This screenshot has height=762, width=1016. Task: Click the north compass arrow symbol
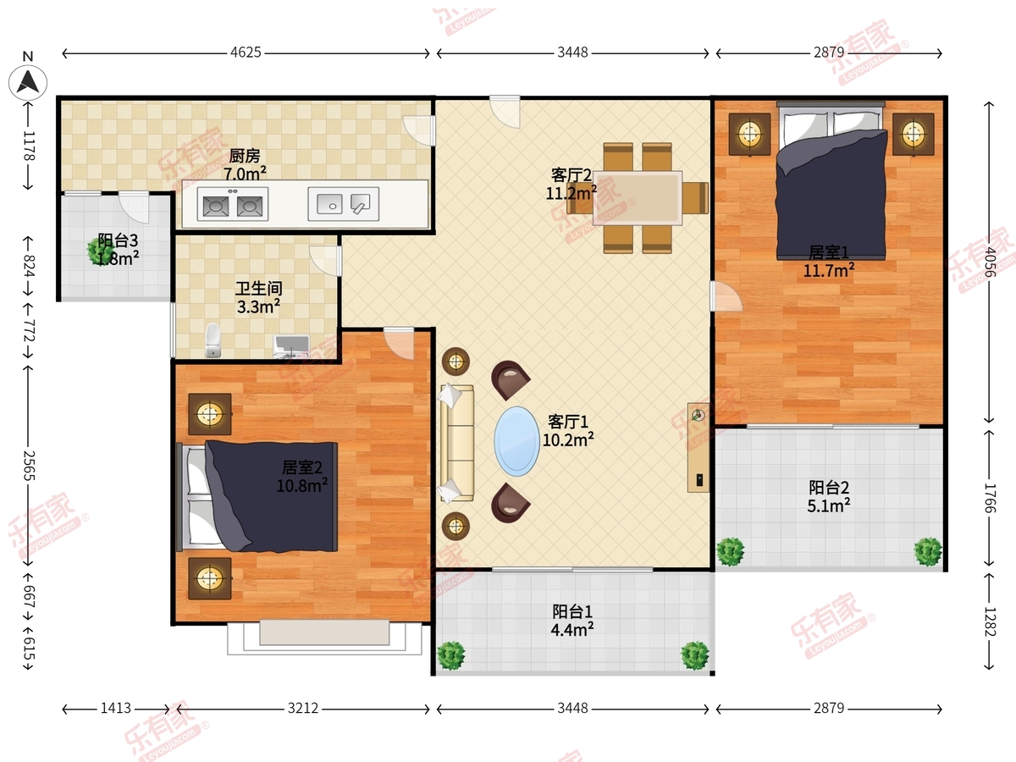[x=28, y=83]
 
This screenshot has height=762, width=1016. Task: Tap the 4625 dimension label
[x=246, y=52]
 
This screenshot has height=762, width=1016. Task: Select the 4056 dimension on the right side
[x=989, y=262]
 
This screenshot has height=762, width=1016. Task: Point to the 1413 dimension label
[x=116, y=709]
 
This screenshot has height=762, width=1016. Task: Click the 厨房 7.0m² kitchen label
[x=245, y=165]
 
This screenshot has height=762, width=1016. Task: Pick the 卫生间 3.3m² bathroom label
[x=258, y=297]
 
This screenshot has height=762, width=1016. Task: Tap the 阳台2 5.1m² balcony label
[x=829, y=496]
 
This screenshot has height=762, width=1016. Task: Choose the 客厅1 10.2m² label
[x=568, y=431]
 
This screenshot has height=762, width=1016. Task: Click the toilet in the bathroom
[x=213, y=340]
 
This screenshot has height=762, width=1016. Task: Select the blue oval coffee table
[x=516, y=441]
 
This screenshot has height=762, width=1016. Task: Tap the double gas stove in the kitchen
[x=232, y=204]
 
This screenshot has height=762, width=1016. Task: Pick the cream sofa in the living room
[x=457, y=443]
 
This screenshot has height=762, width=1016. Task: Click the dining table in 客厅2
[x=638, y=198]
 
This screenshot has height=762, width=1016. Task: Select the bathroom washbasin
[x=291, y=345]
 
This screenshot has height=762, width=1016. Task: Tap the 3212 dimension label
[x=303, y=709]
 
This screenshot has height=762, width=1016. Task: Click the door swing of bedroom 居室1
[x=727, y=296]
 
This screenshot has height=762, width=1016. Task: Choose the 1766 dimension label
[x=989, y=498]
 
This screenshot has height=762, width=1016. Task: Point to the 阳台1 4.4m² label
[x=572, y=621]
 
